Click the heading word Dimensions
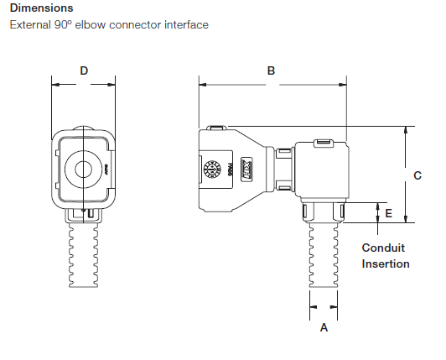tap(41, 8)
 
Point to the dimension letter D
tap(84, 71)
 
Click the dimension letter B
tap(271, 71)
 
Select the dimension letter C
tap(417, 175)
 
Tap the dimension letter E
tap(387, 213)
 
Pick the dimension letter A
tap(324, 329)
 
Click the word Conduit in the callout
tap(383, 248)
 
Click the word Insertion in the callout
tap(386, 263)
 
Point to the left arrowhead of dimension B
tap(201, 83)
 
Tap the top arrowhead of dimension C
tap(406, 130)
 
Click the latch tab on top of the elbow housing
tap(322, 145)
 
